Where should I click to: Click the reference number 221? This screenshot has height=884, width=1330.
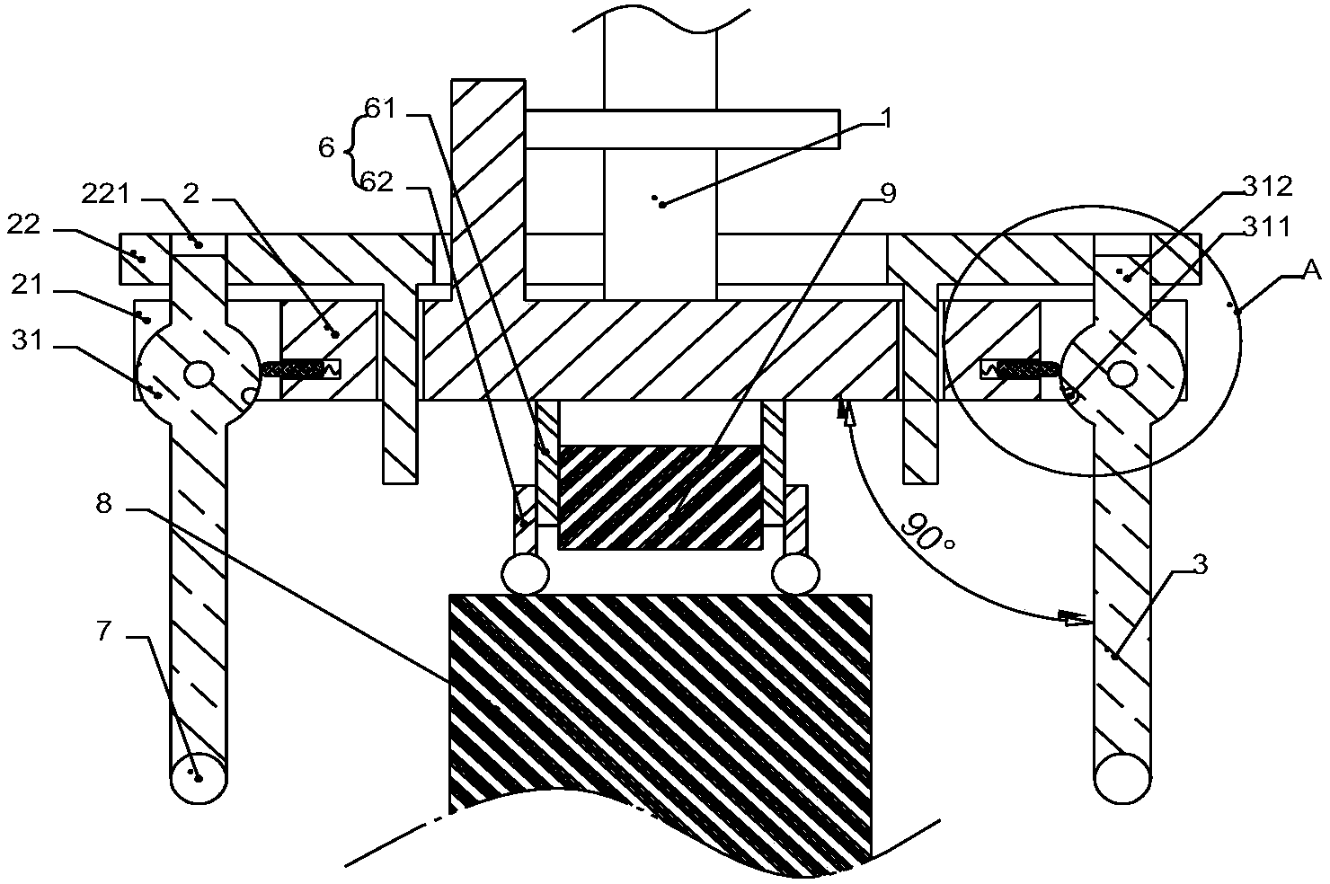(x=105, y=195)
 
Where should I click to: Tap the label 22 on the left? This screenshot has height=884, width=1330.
(x=23, y=225)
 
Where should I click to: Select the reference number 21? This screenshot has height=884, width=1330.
(x=27, y=285)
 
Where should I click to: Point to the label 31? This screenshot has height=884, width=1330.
(x=27, y=340)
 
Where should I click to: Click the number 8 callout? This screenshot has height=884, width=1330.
(x=104, y=504)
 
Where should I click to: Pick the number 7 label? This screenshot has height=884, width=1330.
(x=104, y=631)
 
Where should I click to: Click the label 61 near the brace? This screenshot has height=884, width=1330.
(x=380, y=109)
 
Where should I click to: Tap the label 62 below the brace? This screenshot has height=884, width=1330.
(x=377, y=182)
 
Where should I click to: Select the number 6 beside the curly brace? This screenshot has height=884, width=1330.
(x=326, y=147)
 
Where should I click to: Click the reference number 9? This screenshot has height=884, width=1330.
(x=889, y=193)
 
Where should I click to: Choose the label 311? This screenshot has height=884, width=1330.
(x=1267, y=226)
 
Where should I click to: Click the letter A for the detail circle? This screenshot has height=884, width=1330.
(x=1313, y=270)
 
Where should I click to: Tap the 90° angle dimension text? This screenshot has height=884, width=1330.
(x=927, y=531)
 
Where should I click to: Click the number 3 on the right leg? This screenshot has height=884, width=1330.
(x=1201, y=564)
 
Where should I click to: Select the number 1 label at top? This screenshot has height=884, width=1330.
(x=887, y=119)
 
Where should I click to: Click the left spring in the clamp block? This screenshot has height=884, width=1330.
(x=301, y=370)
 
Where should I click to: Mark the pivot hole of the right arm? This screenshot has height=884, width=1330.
(x=1123, y=376)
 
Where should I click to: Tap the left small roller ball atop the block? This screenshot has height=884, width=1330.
(x=525, y=573)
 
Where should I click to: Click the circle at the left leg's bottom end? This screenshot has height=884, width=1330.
(x=199, y=778)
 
